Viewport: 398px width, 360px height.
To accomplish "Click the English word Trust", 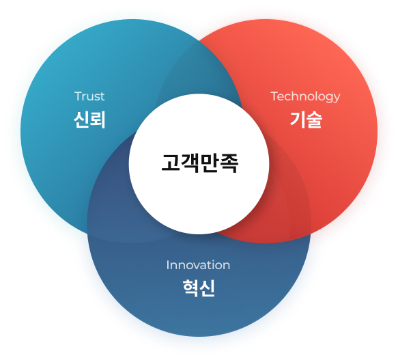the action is point(89,96).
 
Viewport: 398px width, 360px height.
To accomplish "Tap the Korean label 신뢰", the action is point(89,120).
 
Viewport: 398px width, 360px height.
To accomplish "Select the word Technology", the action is point(305,97).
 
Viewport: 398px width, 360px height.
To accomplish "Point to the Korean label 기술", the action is point(306,120).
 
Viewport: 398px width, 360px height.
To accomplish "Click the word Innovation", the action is point(198,265).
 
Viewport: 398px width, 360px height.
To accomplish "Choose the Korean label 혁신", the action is point(199,288).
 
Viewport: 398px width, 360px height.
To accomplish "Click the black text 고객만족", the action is point(200,163).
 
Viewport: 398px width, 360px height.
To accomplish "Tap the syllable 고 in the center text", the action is point(171,163).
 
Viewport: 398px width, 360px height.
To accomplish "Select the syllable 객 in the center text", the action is point(190,163).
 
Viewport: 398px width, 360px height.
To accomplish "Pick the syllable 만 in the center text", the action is point(209,163).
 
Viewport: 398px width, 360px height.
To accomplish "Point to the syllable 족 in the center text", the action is point(229,163).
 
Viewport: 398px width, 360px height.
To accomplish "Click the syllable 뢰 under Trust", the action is point(98,120).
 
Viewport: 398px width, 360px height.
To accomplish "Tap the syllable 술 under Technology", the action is point(314,120).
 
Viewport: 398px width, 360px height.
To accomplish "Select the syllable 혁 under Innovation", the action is point(190,288).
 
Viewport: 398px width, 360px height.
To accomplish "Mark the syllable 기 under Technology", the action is point(298,120).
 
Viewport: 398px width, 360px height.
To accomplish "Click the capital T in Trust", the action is point(78,96).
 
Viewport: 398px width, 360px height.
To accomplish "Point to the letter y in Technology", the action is point(337,98).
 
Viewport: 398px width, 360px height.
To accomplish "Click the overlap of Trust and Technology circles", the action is point(198,71).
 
